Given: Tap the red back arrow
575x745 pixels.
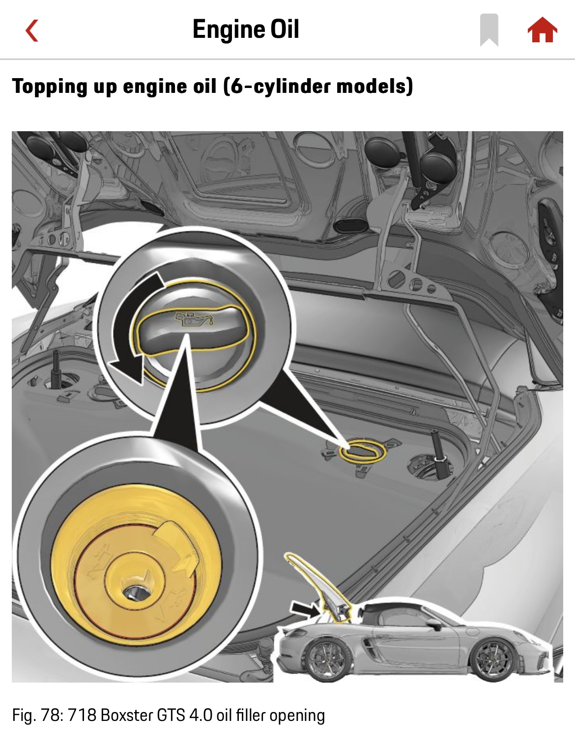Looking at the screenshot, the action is coord(32,30).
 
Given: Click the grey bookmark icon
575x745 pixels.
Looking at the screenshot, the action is coord(489,30).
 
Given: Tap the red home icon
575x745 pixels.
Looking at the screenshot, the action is coord(542,30).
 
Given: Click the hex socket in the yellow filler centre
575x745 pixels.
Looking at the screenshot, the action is coord(135,592).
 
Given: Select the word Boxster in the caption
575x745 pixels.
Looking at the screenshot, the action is coord(127,716).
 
